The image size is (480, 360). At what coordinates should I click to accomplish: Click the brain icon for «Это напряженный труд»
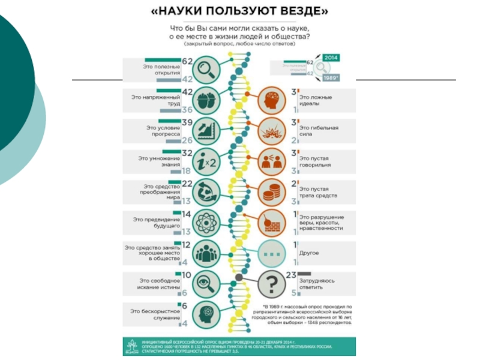[x=207, y=101]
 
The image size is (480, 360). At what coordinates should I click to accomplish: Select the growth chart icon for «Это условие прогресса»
[x=207, y=131]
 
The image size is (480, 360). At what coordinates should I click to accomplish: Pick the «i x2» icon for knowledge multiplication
[x=207, y=161]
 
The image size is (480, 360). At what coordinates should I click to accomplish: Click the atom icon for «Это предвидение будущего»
[x=207, y=223]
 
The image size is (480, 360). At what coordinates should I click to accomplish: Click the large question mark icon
[x=271, y=283]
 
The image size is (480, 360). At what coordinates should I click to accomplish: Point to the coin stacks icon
[x=271, y=192]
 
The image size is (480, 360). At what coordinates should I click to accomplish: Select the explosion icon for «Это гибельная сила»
[x=271, y=131]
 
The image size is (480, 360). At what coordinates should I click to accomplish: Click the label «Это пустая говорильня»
[x=320, y=161]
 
